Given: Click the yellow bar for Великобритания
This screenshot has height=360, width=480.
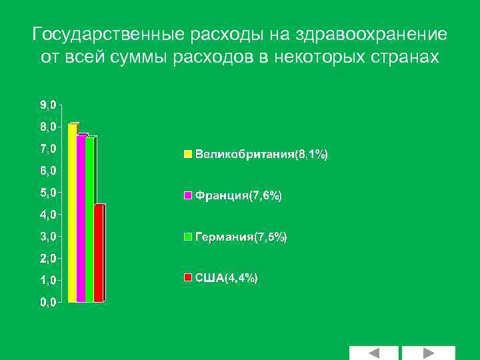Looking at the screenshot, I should pos(73,213).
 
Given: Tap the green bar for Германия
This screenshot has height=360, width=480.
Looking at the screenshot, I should pos(90,220).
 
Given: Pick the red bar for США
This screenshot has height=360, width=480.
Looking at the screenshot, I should pos(99,253).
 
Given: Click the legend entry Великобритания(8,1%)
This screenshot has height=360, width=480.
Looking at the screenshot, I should pos(261,155).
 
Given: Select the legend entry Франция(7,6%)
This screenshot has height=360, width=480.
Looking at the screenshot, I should pos(238,196).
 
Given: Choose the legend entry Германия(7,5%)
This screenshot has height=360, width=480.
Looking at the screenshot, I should pos(241,237).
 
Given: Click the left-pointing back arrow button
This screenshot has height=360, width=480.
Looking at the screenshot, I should pos(373,353).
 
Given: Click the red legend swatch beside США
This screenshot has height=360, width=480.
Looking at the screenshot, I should pos(188,278).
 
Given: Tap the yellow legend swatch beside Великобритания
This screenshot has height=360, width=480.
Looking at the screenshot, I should pos(188,155).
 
